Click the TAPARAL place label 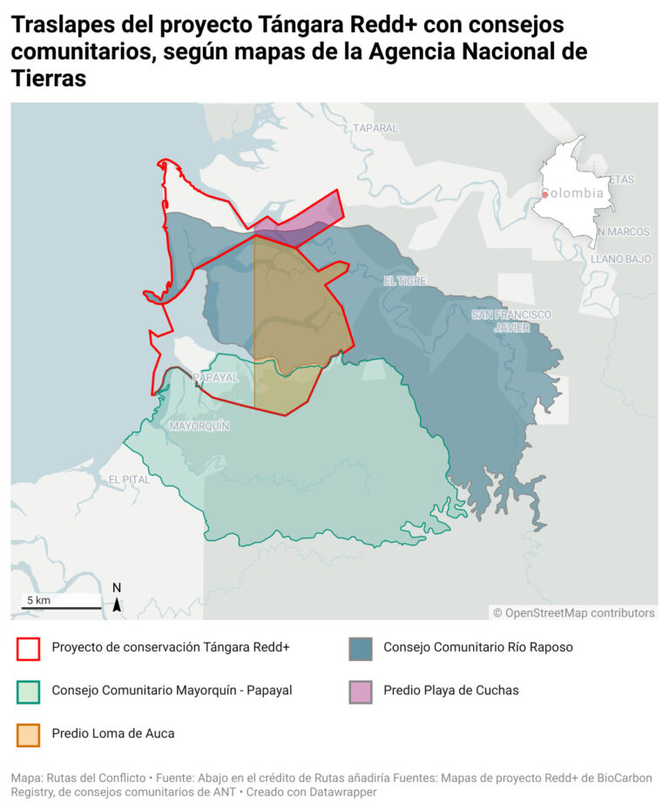pyautogui.click(x=375, y=128)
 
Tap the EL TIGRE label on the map pyautogui.click(x=405, y=280)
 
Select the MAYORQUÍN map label pyautogui.click(x=199, y=426)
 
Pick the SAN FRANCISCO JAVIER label pyautogui.click(x=511, y=321)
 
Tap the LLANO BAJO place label pyautogui.click(x=621, y=259)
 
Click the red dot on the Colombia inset pyautogui.click(x=544, y=194)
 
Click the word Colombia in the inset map pyautogui.click(x=575, y=193)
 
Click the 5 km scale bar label pyautogui.click(x=38, y=600)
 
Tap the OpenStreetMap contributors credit pyautogui.click(x=573, y=613)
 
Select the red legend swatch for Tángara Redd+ pyautogui.click(x=29, y=648)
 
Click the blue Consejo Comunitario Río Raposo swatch pyautogui.click(x=361, y=648)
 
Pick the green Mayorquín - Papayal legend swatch pyautogui.click(x=29, y=691)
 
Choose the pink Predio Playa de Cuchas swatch pyautogui.click(x=361, y=691)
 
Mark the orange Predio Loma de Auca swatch pyautogui.click(x=29, y=734)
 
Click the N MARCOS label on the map pyautogui.click(x=624, y=232)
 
